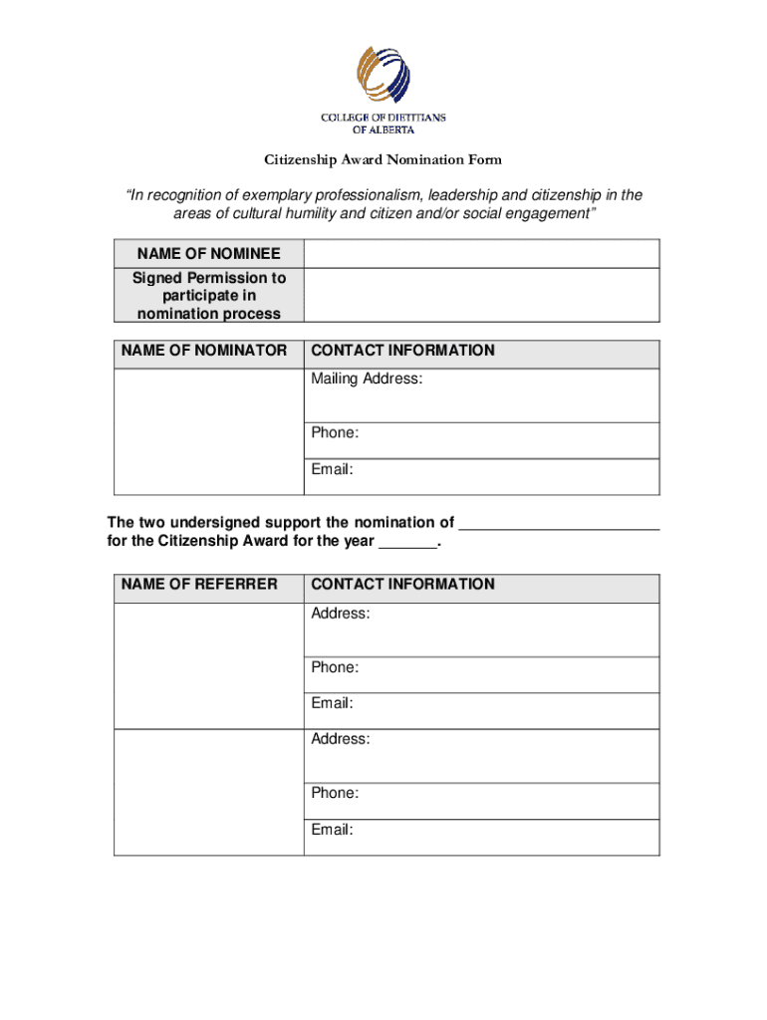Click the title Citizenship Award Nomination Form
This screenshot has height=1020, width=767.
point(383,160)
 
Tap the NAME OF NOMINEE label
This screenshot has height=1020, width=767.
point(208,254)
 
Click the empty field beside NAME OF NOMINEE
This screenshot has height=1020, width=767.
point(480,254)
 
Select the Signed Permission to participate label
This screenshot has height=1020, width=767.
point(208,296)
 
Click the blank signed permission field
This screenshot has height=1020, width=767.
point(480,296)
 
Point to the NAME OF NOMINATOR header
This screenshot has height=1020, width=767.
point(204,351)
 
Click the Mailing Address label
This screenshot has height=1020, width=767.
point(367,379)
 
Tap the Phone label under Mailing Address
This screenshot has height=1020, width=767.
point(335,432)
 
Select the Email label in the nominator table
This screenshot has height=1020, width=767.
point(332,469)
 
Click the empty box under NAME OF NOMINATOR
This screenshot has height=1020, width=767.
point(208,431)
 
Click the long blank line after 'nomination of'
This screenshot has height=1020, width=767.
point(561,523)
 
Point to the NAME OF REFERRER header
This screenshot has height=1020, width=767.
point(199,584)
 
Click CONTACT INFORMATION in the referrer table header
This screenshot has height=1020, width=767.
point(402,584)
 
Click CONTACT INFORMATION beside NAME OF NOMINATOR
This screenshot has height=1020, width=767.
point(402,351)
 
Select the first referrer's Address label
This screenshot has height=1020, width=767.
point(341,614)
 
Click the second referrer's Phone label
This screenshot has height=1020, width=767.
point(335,793)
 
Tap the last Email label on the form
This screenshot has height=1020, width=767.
point(332,829)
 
